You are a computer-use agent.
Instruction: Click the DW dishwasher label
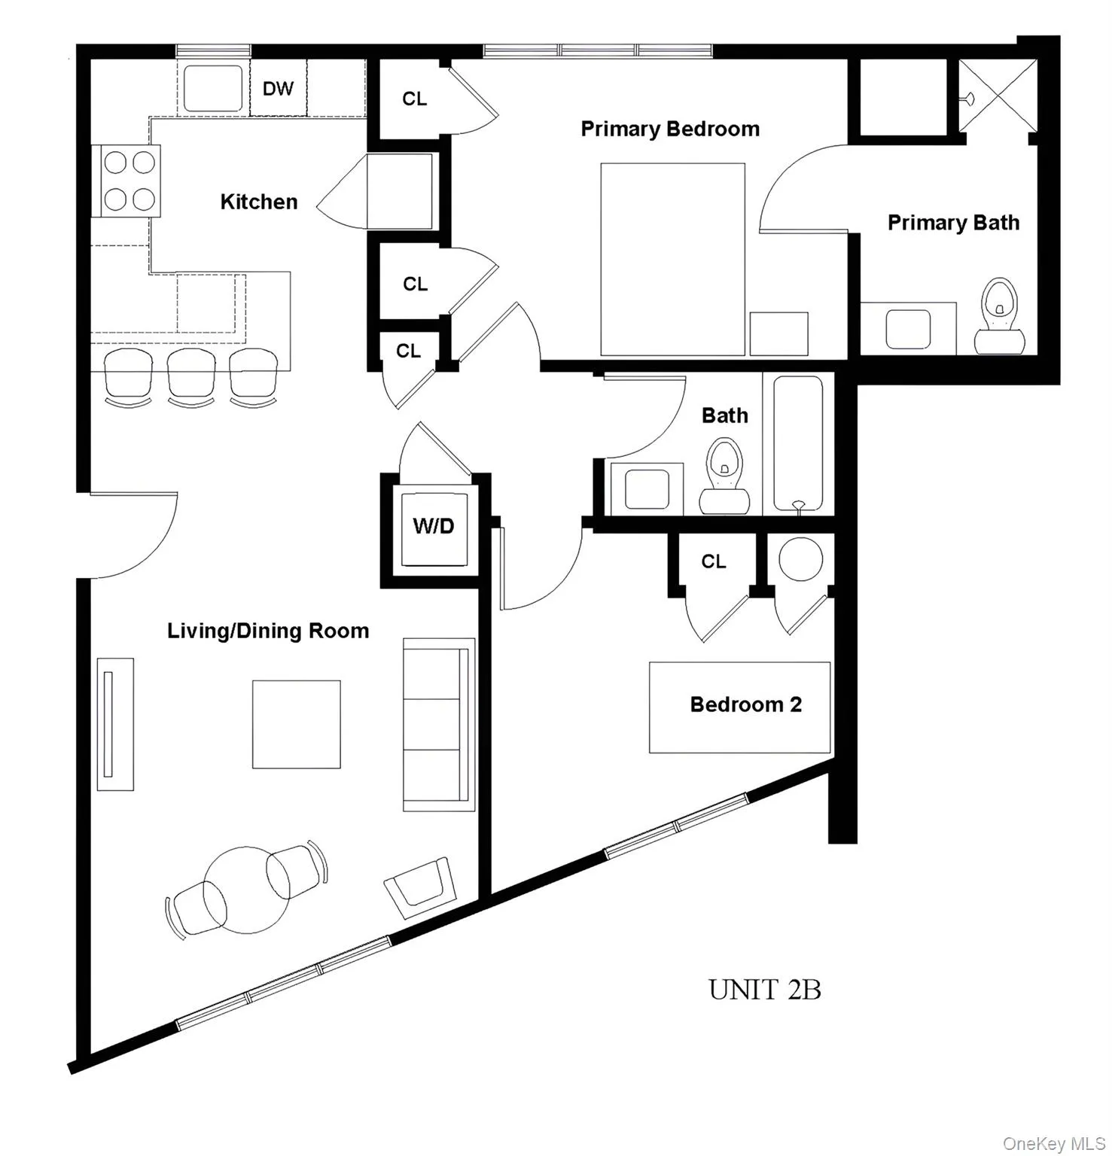[278, 89]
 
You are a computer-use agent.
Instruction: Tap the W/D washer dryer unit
[433, 527]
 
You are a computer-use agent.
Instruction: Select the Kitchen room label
[258, 202]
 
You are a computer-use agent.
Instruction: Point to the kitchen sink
[214, 89]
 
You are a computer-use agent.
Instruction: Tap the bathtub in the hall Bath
[798, 444]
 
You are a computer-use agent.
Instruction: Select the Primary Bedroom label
[669, 129]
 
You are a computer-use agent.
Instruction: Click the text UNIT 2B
[764, 990]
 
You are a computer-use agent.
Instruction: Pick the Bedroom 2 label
[745, 704]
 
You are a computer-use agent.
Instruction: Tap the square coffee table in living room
[296, 724]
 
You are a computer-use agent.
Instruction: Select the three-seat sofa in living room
[438, 724]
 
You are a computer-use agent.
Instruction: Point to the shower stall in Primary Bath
[998, 96]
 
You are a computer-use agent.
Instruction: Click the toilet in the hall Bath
[724, 479]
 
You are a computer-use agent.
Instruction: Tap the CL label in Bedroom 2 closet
[713, 561]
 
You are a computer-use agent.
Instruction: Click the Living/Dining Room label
[268, 631]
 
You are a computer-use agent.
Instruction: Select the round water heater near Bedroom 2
[800, 559]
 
